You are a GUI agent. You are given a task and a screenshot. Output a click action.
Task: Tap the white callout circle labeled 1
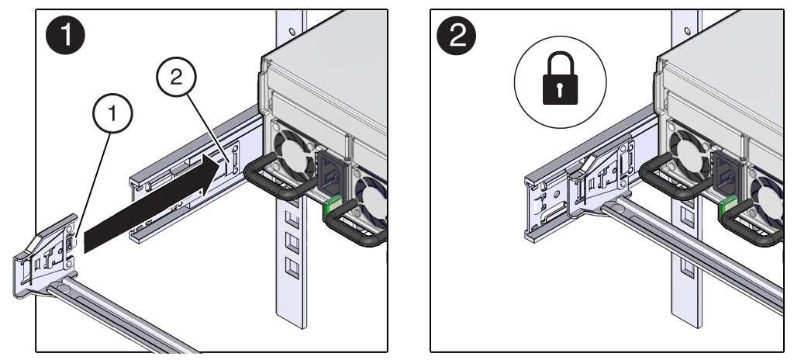(x=112, y=113)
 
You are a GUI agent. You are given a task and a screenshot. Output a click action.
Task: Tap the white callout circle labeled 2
(x=176, y=77)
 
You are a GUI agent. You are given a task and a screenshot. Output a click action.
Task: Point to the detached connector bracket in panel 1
(x=44, y=256)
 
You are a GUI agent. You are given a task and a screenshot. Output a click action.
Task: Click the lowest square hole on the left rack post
(x=292, y=267)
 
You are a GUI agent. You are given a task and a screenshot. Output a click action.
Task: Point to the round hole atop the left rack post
(x=292, y=32)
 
